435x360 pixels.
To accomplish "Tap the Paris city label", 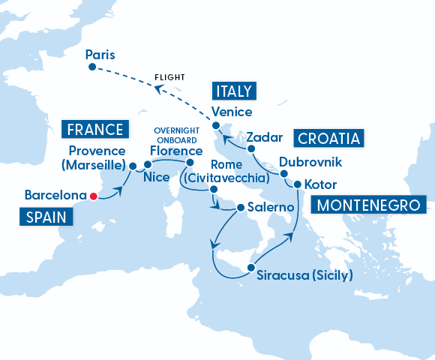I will (x=101, y=55).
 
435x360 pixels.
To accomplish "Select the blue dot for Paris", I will (x=91, y=67).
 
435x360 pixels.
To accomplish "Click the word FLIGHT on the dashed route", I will (x=169, y=77).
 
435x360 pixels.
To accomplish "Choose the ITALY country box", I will (x=235, y=91).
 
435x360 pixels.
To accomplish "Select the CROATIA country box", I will (x=330, y=138).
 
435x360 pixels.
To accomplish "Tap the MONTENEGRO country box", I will (x=369, y=205).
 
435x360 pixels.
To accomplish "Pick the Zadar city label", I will (x=264, y=138).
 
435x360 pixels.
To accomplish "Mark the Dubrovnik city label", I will (x=310, y=162).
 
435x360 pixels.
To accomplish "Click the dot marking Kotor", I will (x=298, y=184).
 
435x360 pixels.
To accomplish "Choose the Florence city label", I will (x=176, y=150).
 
